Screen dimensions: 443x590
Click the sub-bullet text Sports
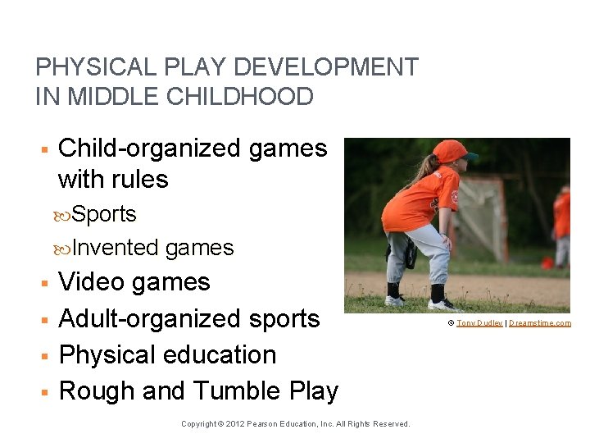pyautogui.click(x=103, y=214)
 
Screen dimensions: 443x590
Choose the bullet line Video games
pyautogui.click(x=134, y=282)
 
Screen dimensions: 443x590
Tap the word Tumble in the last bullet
pyautogui.click(x=235, y=391)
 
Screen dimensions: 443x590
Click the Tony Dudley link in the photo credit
pyautogui.click(x=479, y=323)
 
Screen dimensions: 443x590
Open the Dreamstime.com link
pyautogui.click(x=540, y=323)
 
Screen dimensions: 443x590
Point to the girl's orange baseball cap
pyautogui.click(x=452, y=152)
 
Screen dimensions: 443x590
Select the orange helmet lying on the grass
pyautogui.click(x=547, y=263)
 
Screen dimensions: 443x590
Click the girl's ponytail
pyautogui.click(x=428, y=170)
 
